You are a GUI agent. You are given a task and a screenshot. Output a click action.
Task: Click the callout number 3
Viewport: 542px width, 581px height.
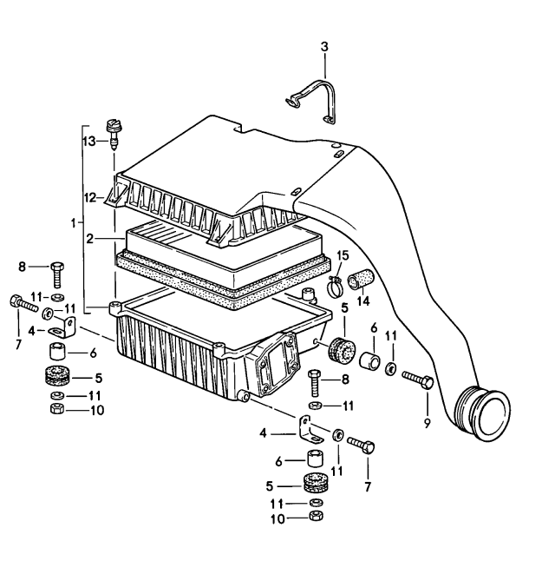coord(324,46)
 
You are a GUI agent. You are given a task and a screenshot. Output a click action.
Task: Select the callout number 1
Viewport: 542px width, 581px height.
coord(74,224)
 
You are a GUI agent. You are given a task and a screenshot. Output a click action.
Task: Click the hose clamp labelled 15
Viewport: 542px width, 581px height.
coord(332,281)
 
